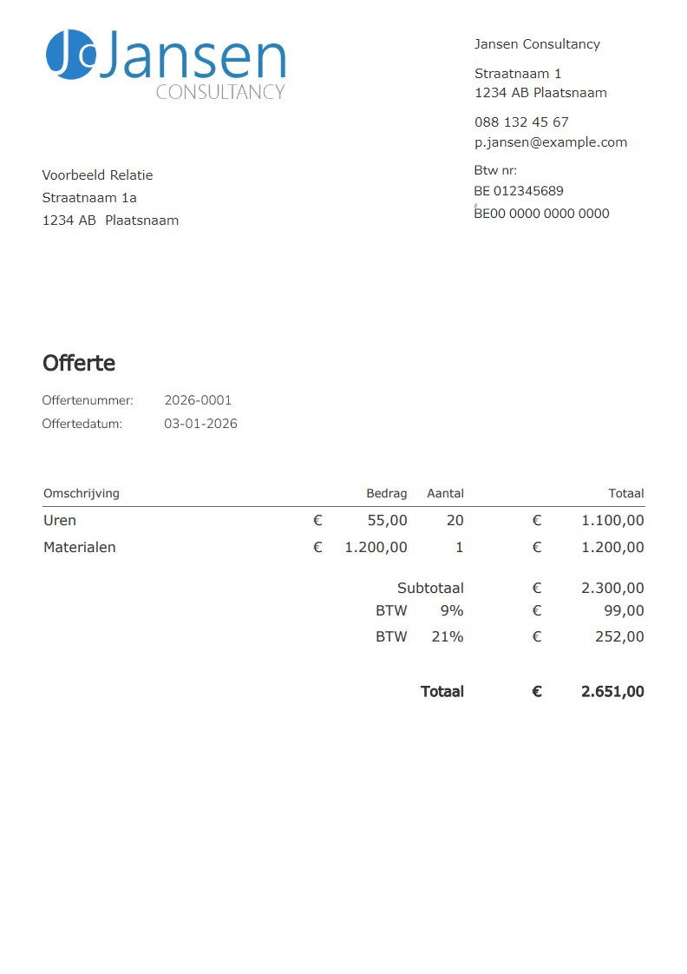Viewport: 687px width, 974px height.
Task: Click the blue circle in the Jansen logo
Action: [x=69, y=54]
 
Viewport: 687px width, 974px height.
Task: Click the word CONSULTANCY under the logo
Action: [x=220, y=92]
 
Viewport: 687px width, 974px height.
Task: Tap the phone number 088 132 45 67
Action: [x=521, y=122]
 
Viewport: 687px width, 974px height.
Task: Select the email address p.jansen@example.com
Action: [x=550, y=142]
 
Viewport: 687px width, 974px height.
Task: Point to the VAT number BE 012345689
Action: [x=518, y=191]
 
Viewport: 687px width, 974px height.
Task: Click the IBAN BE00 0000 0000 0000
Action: [x=541, y=214]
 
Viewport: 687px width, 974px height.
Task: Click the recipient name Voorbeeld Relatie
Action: [x=97, y=175]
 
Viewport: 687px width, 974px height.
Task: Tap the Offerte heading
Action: [x=79, y=363]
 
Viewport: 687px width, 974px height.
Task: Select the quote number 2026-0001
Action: [x=198, y=401]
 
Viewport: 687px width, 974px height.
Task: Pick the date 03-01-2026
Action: [x=200, y=424]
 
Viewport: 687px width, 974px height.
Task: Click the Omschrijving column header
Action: [x=82, y=493]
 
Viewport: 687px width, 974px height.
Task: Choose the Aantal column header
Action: [x=445, y=493]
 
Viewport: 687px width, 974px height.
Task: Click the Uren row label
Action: [x=60, y=521]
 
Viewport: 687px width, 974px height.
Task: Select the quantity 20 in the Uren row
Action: [x=455, y=521]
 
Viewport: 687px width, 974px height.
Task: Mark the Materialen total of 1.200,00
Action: [x=612, y=548]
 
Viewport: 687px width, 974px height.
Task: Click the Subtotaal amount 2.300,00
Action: [x=612, y=589]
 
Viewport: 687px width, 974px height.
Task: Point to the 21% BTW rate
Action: [x=447, y=637]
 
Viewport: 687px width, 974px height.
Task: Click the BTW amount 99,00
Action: [x=624, y=611]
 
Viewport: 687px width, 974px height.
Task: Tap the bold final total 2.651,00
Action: [x=612, y=692]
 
